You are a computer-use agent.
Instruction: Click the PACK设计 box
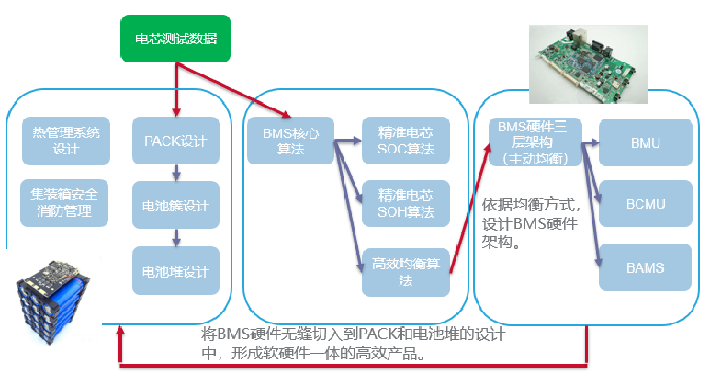pos(175,142)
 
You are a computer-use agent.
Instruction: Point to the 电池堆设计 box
pos(175,271)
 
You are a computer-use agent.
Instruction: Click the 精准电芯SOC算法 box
pos(405,142)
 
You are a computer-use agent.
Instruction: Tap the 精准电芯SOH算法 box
pos(405,203)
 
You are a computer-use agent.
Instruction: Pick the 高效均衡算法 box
pos(405,271)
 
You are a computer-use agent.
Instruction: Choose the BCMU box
pos(646,203)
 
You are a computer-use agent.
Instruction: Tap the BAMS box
pos(646,268)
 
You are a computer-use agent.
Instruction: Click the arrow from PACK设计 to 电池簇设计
pos(175,173)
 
